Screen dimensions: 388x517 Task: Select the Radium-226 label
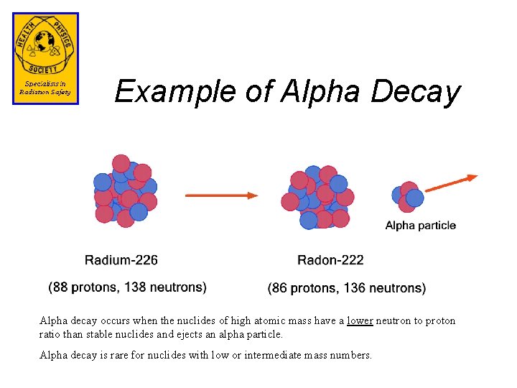[121, 259]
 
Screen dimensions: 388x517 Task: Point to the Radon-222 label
[330, 259]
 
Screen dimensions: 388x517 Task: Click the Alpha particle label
[420, 226]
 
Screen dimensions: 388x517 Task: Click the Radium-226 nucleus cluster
[124, 191]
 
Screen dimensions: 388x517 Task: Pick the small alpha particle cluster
[407, 196]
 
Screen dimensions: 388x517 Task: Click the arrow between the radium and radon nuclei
[221, 195]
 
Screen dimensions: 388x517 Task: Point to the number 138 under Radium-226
[136, 287]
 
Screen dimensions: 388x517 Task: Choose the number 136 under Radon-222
[355, 288]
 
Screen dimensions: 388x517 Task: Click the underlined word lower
[360, 321]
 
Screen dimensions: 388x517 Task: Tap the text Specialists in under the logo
[45, 84]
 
